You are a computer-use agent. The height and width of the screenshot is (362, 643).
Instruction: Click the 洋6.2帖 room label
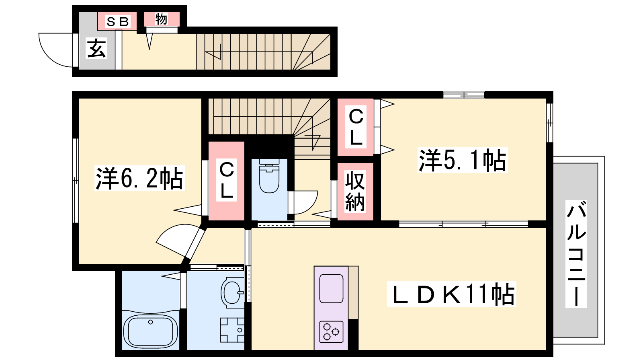pyautogui.click(x=139, y=178)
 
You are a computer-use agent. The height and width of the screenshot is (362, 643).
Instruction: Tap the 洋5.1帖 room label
pyautogui.click(x=463, y=160)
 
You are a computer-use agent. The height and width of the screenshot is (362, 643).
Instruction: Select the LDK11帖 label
pyautogui.click(x=451, y=294)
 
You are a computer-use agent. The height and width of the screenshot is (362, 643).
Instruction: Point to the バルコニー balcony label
pyautogui.click(x=576, y=254)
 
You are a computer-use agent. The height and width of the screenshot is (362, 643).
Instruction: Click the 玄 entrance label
pyautogui.click(x=96, y=48)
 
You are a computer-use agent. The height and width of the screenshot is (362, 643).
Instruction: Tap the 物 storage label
pyautogui.click(x=161, y=19)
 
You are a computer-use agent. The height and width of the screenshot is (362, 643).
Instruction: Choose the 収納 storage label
pyautogui.click(x=355, y=191)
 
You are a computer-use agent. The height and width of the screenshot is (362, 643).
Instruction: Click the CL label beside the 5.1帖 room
pyautogui.click(x=356, y=127)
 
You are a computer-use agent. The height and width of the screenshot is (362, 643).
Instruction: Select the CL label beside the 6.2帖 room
pyautogui.click(x=226, y=180)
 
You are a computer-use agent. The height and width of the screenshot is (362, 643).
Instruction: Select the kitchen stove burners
pyautogui.click(x=331, y=332)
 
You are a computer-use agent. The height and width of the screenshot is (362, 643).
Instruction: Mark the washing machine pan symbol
pyautogui.click(x=232, y=330)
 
